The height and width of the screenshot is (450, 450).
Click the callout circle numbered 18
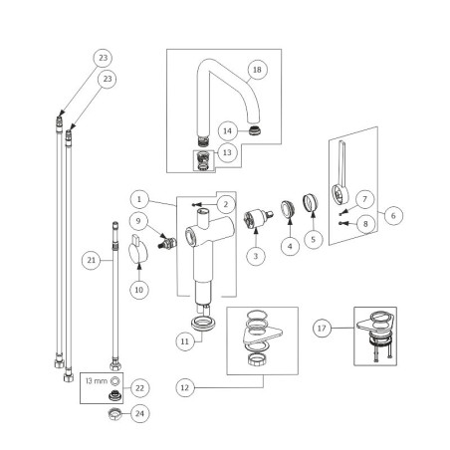coord(257,70)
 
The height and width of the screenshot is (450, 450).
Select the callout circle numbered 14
coord(227,130)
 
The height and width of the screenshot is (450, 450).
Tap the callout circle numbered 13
coord(227,152)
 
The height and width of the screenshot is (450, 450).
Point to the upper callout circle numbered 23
coord(103,58)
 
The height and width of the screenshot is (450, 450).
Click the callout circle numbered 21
coord(92,260)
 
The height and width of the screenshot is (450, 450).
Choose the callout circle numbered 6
coord(393,215)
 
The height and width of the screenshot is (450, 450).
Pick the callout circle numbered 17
coord(322,329)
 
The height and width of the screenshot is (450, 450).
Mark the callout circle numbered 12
coord(185,387)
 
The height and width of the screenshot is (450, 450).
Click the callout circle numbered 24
coord(139,413)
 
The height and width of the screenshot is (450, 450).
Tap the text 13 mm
coord(97,381)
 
